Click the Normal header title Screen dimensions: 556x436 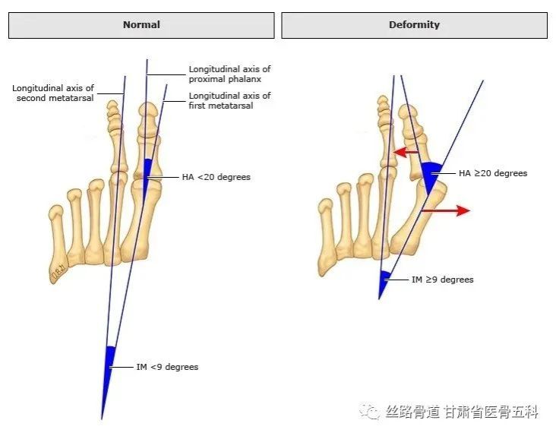coord(141,24)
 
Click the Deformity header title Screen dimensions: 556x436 coord(414,24)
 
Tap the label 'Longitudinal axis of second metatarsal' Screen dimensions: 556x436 coord(53,93)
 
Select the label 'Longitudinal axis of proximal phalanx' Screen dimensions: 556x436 coord(229,74)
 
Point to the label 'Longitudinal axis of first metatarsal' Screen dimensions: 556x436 coord(229,100)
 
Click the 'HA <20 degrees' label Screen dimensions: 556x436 coord(216,177)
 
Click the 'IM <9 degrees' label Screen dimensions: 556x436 coord(167,367)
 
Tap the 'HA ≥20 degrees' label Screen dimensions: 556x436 coord(493,173)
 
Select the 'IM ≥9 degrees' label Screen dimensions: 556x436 coord(443,280)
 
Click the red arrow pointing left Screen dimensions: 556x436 coord(406,153)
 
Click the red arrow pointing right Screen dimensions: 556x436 coord(446,210)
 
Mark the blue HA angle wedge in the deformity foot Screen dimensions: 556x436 coord(431,175)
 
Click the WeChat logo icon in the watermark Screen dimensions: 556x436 coord(369,412)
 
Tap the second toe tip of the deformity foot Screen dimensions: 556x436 coord(383,100)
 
